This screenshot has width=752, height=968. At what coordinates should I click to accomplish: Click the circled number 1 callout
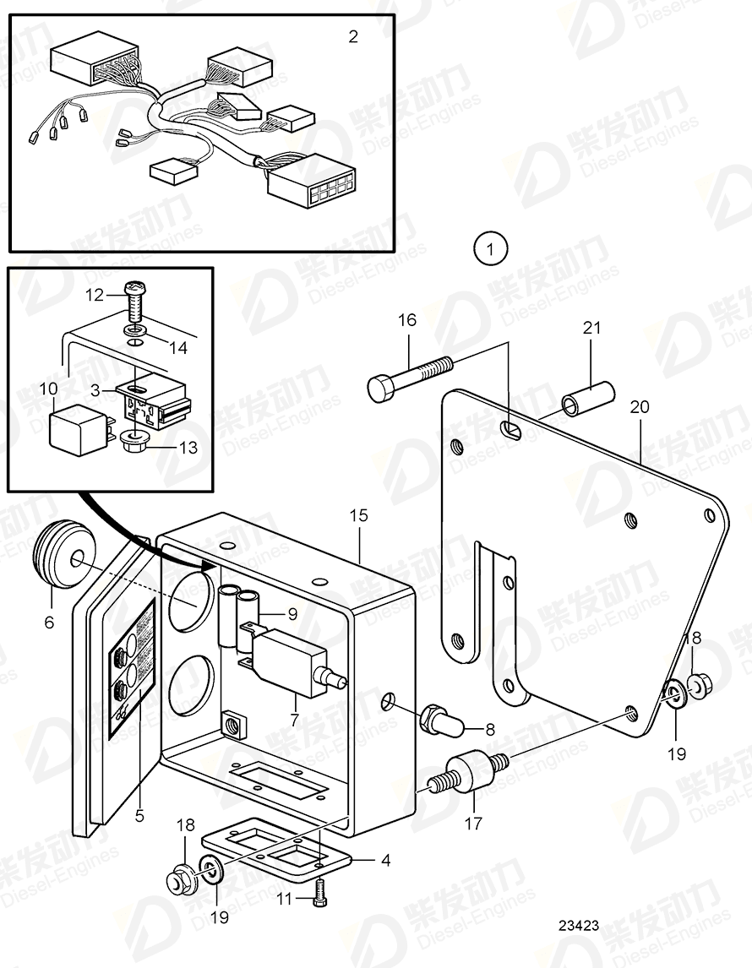tap(491, 249)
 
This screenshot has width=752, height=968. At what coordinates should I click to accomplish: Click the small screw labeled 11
tap(319, 891)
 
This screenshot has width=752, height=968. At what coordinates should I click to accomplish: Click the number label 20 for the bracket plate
tap(639, 406)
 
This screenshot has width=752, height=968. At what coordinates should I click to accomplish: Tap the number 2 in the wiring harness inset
tap(353, 36)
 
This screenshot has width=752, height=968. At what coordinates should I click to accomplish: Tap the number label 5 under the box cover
tap(139, 816)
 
